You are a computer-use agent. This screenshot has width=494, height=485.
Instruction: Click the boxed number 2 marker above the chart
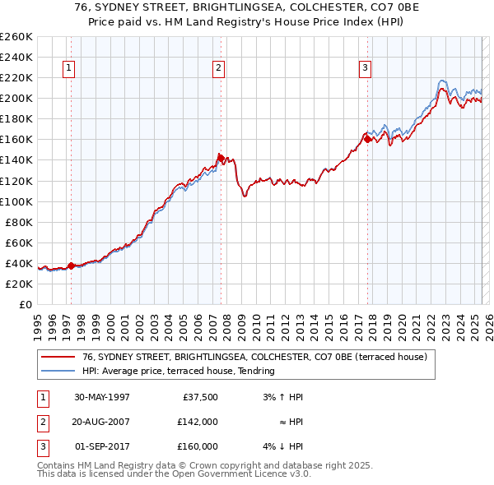pos(219,69)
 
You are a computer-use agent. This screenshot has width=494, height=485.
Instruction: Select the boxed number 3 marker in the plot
pos(365,69)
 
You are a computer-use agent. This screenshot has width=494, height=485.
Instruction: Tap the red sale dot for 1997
pos(72,266)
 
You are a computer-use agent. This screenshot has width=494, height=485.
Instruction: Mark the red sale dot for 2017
pos(367,139)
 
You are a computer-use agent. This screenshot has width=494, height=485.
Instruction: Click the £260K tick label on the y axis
pos(16,37)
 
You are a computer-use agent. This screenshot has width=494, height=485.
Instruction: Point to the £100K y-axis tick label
pos(16,201)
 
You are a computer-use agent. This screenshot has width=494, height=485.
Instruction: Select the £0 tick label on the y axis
pos(25,304)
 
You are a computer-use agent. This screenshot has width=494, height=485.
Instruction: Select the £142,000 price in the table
pos(198,422)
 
